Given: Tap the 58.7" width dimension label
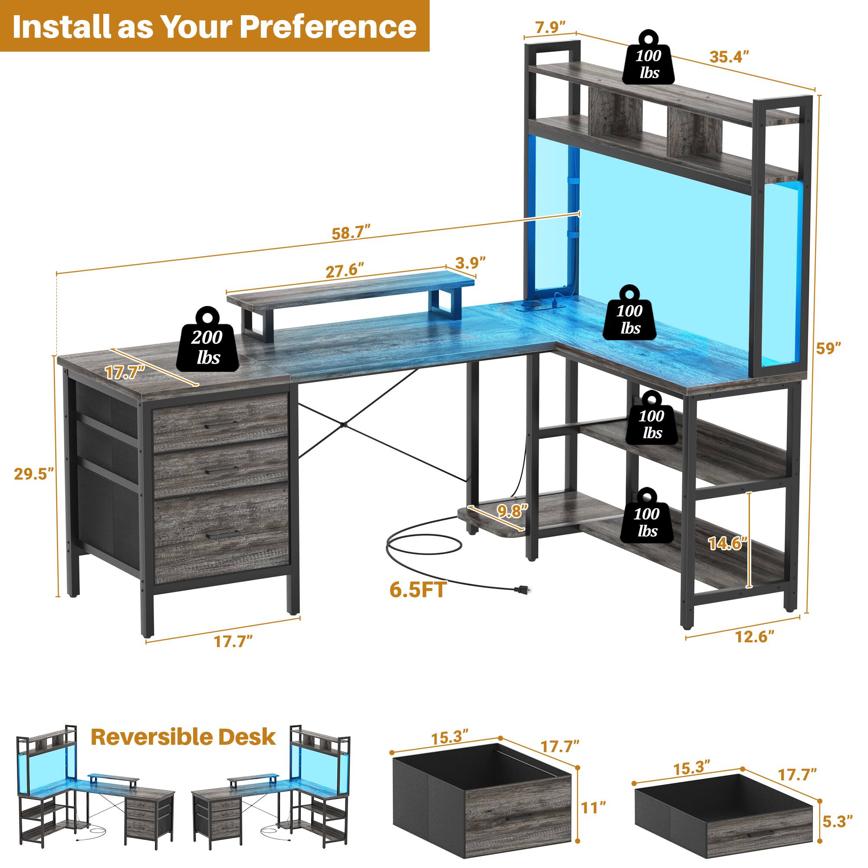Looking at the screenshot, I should (351, 233).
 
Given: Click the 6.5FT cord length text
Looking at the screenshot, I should (418, 590).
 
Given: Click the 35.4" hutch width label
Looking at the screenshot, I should (729, 56).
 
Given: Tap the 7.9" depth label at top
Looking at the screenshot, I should (550, 28).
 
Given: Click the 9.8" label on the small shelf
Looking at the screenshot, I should (512, 511).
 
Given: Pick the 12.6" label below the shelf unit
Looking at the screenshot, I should (755, 637).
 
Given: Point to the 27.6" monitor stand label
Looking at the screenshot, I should (344, 270).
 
